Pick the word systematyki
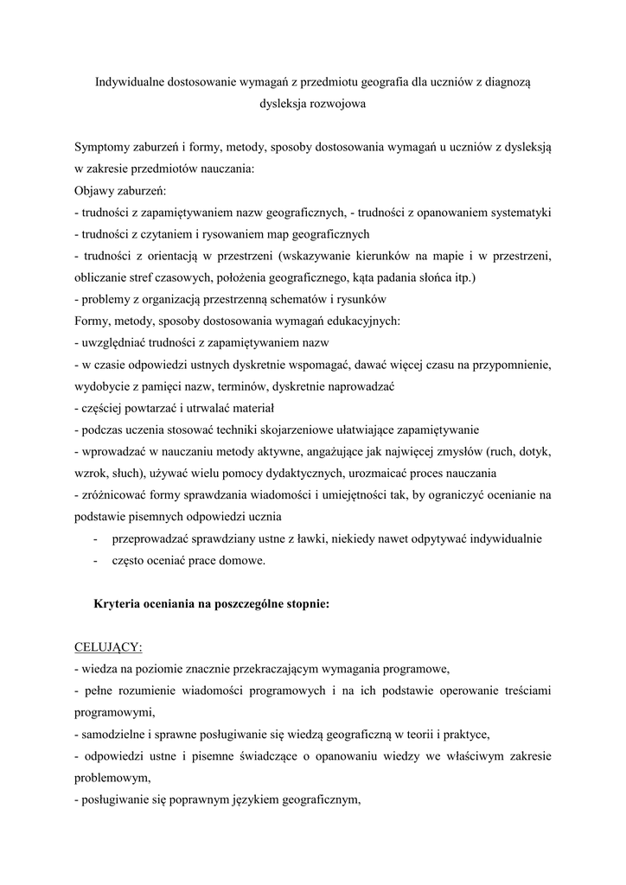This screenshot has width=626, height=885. point(521,212)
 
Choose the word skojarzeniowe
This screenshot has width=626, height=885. point(298,430)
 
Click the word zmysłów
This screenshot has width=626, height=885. point(460,452)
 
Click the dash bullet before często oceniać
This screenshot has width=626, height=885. point(93,561)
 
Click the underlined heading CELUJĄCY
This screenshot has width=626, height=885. point(108,647)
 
